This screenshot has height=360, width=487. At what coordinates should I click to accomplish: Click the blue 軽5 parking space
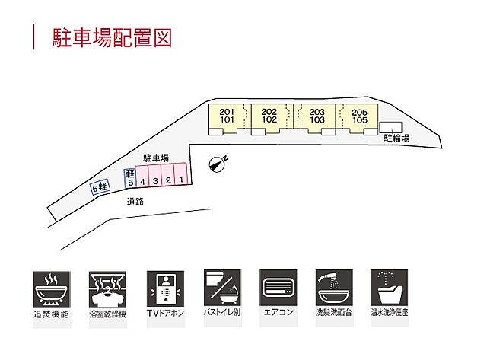130,178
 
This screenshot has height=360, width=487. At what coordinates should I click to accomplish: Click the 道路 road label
136,202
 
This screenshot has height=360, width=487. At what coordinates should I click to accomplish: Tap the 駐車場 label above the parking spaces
155,157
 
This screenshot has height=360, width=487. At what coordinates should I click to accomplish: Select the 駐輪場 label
396,139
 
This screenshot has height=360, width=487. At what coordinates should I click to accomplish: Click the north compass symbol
218,163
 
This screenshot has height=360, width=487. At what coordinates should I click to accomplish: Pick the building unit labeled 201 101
227,116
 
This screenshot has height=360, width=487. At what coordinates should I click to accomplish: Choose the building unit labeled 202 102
269,116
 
